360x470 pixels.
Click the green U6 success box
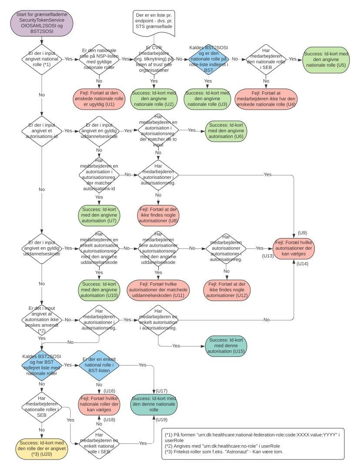(x=226, y=130)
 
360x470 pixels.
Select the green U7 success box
(x=99, y=215)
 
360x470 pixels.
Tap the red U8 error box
(x=158, y=215)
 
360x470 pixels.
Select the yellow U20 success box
(x=42, y=448)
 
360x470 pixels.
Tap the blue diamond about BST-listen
(x=99, y=365)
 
